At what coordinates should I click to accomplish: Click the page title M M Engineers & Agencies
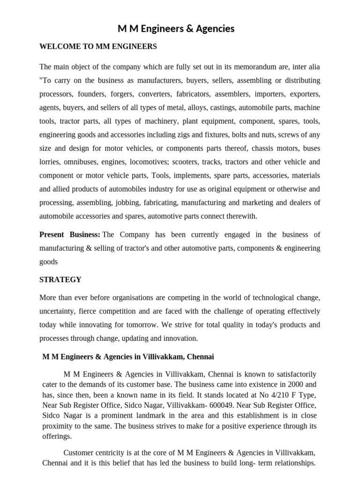coord(176,29)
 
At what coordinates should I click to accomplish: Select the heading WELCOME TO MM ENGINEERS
coord(98,46)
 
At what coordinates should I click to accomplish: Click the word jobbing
coord(136,202)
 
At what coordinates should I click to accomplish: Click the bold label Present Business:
coord(69,234)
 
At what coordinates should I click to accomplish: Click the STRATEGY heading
coord(60,280)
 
